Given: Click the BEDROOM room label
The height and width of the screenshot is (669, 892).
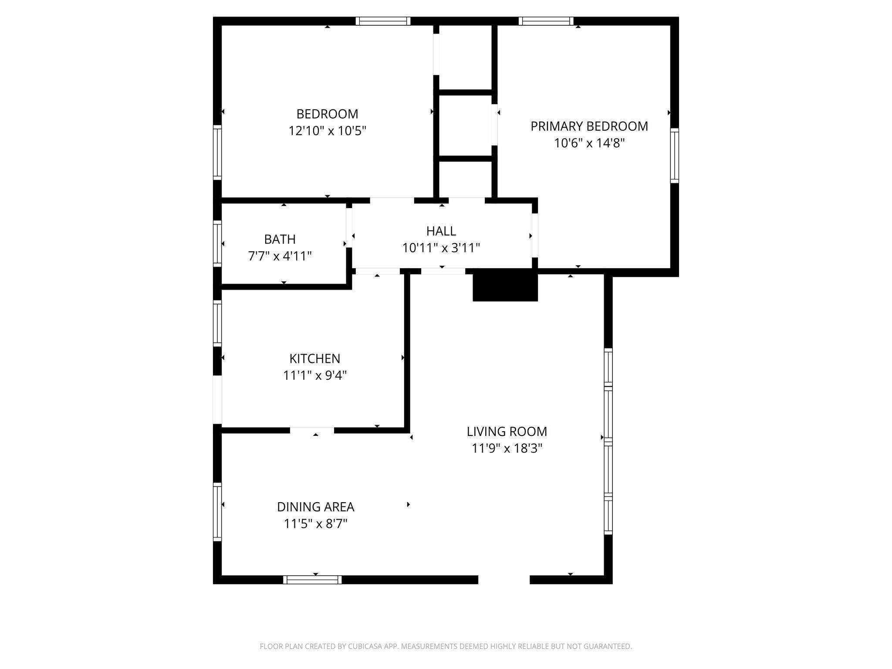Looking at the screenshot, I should point(327,114).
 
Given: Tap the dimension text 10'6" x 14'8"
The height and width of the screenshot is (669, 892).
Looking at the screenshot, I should point(589,143).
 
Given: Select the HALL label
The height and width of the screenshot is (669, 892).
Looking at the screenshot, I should point(441,231).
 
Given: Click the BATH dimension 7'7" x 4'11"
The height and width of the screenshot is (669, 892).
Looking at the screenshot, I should point(280,256).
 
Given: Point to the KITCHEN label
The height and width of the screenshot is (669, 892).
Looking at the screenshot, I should point(314,358).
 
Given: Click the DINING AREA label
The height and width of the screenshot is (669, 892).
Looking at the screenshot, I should point(315,507).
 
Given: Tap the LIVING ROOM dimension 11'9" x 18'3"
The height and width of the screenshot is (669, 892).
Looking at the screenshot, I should point(507,448).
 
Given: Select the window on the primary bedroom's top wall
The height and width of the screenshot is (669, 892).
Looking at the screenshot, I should point(546,21).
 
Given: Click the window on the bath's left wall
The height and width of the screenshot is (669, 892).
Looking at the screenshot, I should point(217,243).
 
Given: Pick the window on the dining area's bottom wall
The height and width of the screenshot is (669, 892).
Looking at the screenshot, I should point(312,579).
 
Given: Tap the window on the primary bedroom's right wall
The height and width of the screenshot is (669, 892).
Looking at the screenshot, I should point(674,155).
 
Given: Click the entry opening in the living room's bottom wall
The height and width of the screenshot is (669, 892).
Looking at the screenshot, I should point(504,579).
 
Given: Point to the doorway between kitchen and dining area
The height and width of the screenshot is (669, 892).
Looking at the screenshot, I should point(312,430).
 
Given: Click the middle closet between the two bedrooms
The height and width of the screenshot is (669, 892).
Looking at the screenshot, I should point(465,125).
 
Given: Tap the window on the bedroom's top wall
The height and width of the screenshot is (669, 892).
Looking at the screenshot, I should point(383,21).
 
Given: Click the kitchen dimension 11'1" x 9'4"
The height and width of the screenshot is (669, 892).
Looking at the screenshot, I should point(314,375).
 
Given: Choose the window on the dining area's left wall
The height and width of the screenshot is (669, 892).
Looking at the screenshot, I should point(217,512).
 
